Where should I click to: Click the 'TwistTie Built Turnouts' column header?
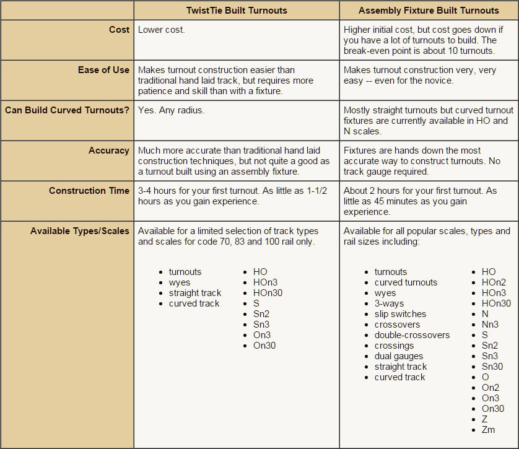tap(237, 11)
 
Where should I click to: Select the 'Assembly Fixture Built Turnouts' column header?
tap(429, 11)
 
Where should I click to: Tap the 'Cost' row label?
tap(119, 30)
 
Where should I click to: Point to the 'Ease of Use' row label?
tap(103, 70)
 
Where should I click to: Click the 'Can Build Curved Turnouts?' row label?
tap(67, 110)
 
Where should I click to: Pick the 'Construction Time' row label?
tap(89, 191)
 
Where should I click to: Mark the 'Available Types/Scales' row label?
tap(80, 231)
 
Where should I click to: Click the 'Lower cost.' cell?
tap(160, 30)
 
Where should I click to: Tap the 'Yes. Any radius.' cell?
tap(171, 110)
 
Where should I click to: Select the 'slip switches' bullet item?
tap(400, 314)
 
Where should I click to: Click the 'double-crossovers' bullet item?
tap(412, 335)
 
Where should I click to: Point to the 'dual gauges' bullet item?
tap(399, 356)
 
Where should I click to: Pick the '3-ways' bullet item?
tap(389, 303)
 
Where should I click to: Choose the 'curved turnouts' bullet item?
tap(406, 282)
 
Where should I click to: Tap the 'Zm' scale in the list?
tap(488, 430)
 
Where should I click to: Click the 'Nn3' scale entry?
tap(490, 325)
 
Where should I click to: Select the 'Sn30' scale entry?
tap(492, 367)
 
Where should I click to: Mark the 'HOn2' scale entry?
tap(494, 282)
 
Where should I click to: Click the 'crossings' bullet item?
tap(394, 346)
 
